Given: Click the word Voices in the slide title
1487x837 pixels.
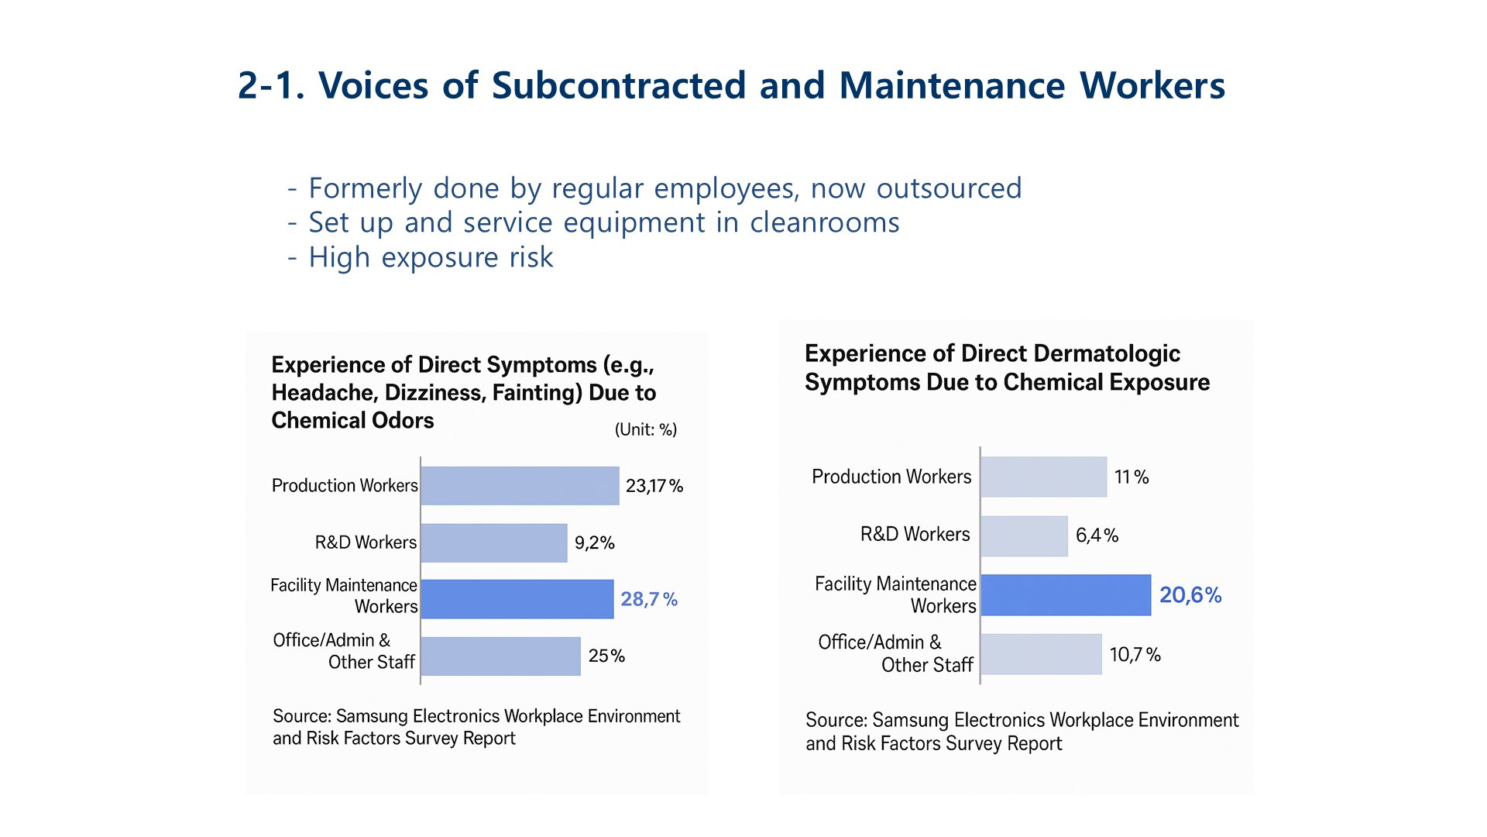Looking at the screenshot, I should [373, 85].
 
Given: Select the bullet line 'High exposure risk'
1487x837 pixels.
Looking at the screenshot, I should [431, 257].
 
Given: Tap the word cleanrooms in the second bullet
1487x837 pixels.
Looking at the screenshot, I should [824, 223].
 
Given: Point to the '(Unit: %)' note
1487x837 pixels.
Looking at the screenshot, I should [645, 430].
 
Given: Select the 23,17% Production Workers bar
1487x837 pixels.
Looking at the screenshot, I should [520, 486].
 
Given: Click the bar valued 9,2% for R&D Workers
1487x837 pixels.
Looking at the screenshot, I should [494, 542].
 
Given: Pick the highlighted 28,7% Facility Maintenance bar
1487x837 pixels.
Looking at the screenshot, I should [517, 599].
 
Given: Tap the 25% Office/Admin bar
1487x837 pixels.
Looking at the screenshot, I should [500, 656].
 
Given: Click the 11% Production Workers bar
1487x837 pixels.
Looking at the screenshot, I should [1043, 477].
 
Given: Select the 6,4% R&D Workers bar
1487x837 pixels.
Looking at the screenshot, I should [1024, 536].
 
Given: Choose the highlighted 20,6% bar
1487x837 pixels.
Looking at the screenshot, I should [1066, 595].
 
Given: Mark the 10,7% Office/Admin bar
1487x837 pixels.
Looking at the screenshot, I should [1041, 654].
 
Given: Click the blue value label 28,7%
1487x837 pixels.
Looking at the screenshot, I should [649, 599].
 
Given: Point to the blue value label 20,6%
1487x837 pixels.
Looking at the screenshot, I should [1190, 595].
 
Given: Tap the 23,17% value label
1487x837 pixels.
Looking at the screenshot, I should [654, 486].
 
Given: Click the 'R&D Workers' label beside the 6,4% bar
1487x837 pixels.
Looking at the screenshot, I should [915, 535].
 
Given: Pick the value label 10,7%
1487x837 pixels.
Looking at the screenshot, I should [1135, 655].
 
